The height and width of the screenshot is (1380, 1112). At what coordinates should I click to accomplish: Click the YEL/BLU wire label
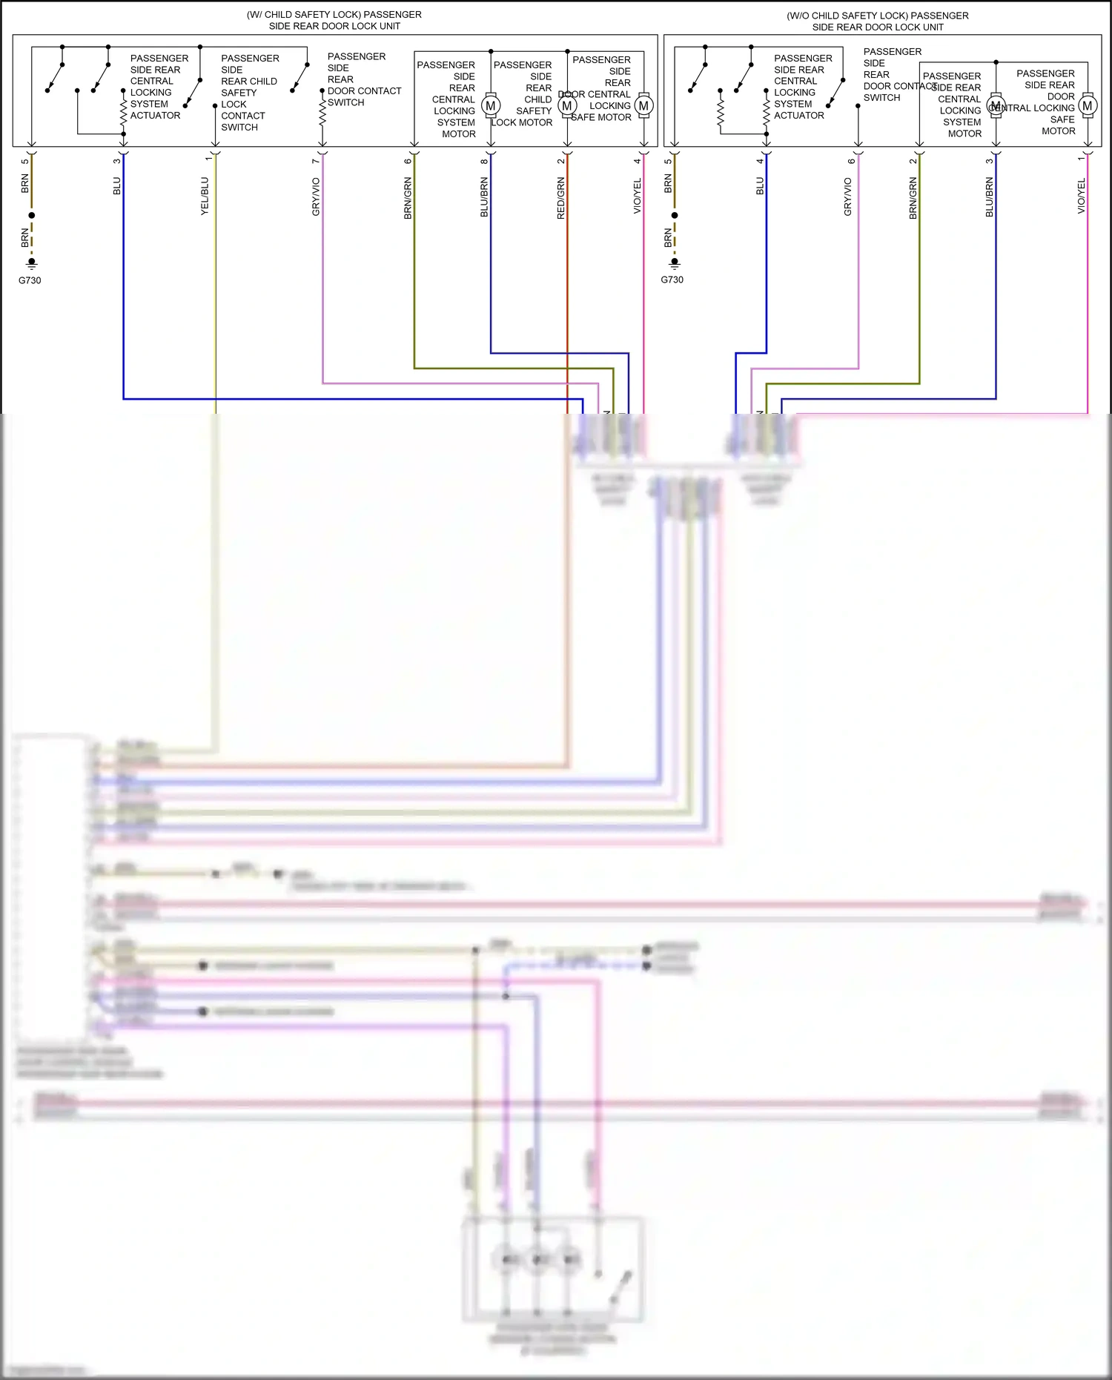point(205,196)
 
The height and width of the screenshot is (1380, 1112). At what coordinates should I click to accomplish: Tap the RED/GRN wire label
point(561,197)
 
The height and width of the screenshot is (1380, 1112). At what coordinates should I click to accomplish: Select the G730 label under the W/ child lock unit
point(30,280)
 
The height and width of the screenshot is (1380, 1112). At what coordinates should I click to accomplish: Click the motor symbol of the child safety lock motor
point(567,106)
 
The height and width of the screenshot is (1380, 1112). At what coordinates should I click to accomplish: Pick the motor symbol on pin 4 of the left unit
point(643,106)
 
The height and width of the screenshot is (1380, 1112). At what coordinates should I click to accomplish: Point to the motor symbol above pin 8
point(490,106)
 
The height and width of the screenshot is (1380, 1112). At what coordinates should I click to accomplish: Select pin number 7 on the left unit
point(316,161)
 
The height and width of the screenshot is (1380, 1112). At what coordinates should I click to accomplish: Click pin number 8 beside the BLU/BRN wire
point(484,161)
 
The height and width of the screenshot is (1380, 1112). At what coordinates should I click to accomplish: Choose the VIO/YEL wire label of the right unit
point(1082,196)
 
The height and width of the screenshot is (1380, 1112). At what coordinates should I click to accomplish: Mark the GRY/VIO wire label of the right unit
point(848,197)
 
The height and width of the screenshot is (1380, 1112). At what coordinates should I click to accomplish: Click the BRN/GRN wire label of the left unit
point(408,197)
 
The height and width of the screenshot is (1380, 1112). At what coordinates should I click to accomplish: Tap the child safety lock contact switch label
point(249,93)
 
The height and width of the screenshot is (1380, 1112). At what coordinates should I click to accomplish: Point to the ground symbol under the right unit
point(675,263)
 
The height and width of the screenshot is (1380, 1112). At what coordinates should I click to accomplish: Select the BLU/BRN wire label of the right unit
point(990,197)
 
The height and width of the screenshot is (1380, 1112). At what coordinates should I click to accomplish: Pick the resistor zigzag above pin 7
point(322,113)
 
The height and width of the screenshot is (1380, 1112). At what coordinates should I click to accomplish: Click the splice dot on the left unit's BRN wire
point(32,215)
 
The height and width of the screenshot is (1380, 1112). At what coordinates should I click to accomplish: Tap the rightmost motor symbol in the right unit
point(1088,106)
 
